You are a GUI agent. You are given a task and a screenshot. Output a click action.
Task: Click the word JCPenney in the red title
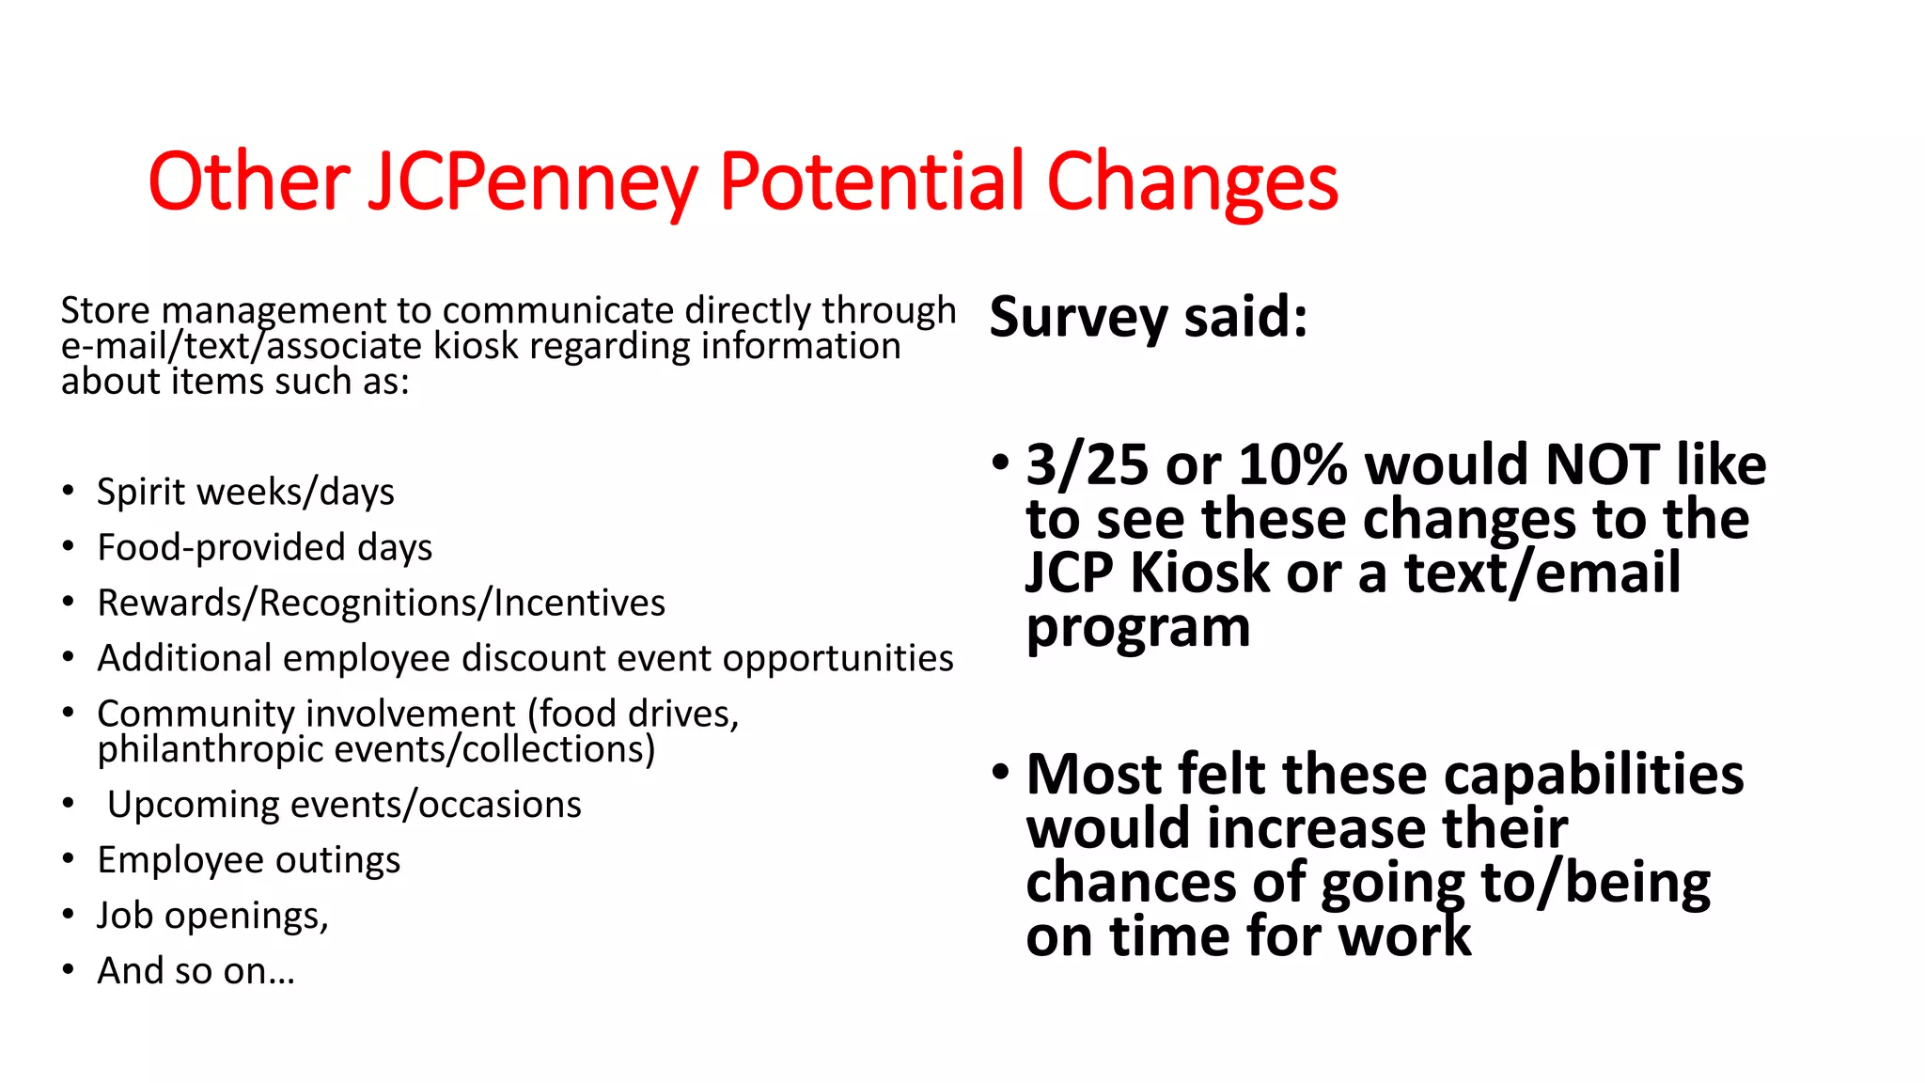[532, 182]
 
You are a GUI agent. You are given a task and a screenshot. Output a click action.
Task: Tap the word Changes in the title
[1192, 182]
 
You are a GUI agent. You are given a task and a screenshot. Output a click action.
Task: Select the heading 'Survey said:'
[1148, 317]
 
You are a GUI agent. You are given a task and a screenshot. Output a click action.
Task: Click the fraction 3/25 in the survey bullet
[1087, 464]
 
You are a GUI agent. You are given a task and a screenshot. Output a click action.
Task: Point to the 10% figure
[1292, 464]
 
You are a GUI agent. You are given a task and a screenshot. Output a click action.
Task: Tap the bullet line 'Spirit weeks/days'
[245, 492]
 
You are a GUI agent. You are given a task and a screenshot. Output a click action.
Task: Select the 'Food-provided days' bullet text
[264, 547]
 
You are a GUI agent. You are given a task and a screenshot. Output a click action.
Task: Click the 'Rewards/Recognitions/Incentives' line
[381, 603]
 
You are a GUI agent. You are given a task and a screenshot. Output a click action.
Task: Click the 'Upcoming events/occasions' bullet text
[344, 805]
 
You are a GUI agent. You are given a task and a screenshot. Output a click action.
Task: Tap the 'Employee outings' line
[248, 860]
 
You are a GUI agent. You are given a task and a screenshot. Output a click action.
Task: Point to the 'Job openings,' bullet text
[212, 916]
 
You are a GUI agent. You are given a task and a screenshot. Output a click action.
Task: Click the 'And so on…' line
[196, 971]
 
